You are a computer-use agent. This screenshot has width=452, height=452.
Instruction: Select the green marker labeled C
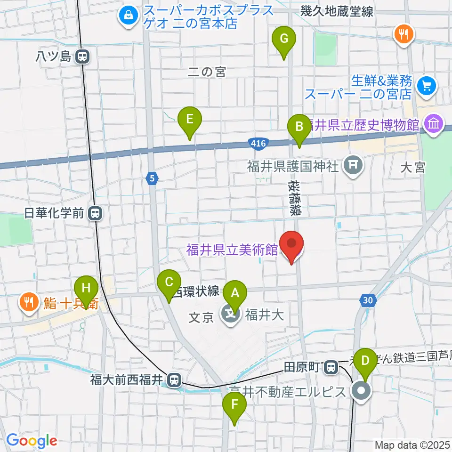click(x=169, y=282)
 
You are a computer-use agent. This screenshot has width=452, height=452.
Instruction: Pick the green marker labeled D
click(x=365, y=360)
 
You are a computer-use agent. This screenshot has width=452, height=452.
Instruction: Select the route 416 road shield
click(x=258, y=143)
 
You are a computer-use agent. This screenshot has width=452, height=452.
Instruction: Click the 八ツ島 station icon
click(x=82, y=57)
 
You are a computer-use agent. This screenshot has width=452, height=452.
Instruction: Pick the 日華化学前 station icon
click(x=96, y=214)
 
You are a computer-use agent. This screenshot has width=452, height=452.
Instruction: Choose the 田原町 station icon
click(x=331, y=366)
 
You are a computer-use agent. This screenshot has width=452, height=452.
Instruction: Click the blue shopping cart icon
click(x=427, y=86)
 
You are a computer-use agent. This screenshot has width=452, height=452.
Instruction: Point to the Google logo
click(x=32, y=441)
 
